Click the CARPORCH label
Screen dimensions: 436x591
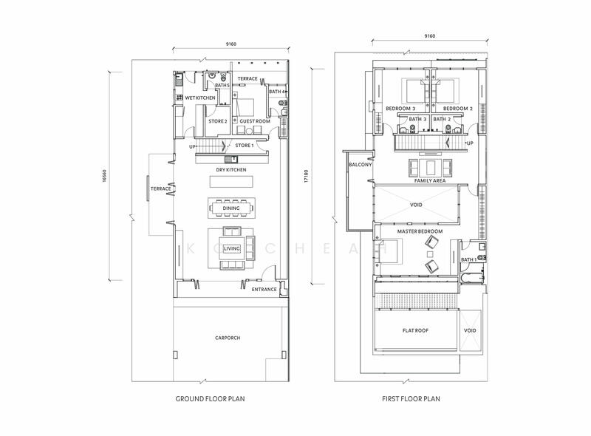tap(229, 338)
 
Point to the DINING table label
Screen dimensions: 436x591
tap(231, 208)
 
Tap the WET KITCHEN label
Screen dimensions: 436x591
tap(199, 98)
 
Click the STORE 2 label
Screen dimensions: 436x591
tap(216, 122)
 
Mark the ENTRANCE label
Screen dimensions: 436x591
tap(264, 289)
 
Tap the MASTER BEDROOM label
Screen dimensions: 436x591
tap(420, 232)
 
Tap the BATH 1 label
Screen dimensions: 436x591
tap(468, 259)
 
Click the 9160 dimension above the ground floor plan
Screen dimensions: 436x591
tap(230, 42)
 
